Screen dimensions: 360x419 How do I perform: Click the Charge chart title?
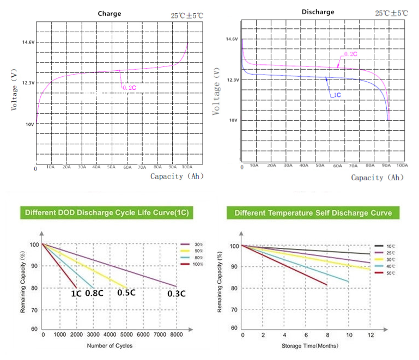tap(109, 14)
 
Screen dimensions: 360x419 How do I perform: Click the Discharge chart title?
tap(318, 12)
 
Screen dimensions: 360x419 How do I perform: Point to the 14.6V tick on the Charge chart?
tap(28, 42)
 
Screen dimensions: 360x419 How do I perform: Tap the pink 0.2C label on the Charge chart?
tap(129, 88)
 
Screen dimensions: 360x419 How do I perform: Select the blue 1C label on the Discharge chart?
tap(337, 95)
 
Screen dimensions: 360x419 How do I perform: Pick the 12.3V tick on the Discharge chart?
tap(232, 80)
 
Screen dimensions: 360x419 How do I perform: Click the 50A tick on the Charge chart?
tap(112, 168)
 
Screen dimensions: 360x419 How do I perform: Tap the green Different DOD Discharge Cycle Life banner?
tap(107, 212)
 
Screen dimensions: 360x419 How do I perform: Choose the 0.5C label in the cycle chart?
tap(126, 292)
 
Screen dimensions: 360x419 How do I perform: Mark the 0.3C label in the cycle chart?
tap(175, 294)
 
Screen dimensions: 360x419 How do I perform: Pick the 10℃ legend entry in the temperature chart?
tap(391, 247)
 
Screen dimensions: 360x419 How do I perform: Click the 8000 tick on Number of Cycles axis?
tap(177, 335)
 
